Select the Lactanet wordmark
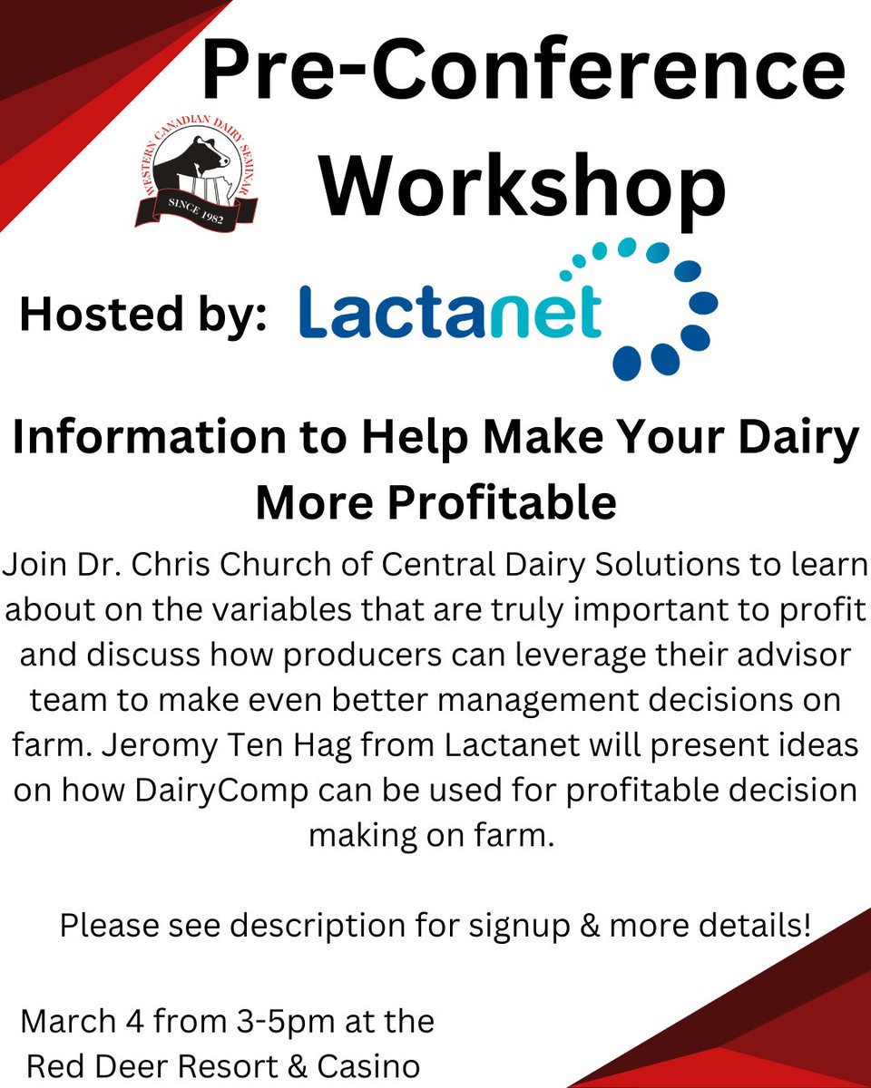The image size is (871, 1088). pyautogui.click(x=450, y=314)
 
